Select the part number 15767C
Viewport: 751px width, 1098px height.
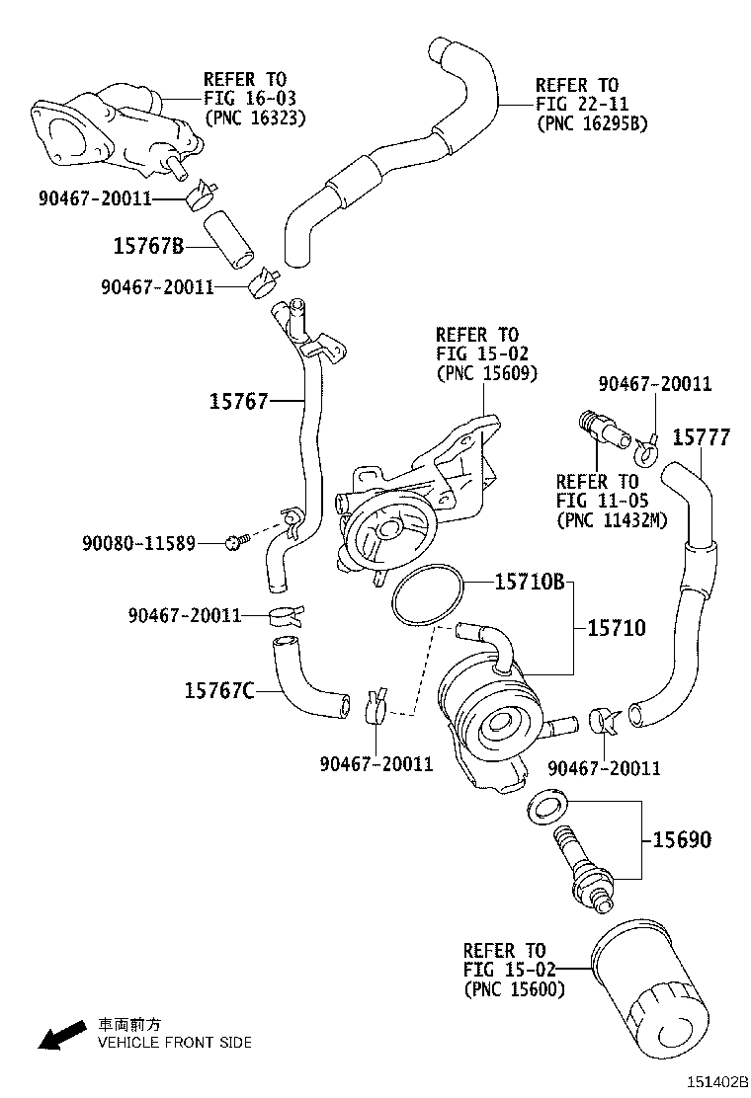pos(217,690)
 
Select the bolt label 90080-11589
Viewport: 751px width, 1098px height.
pos(138,542)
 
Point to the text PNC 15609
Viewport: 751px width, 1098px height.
pos(486,373)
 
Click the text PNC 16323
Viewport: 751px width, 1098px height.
pos(254,118)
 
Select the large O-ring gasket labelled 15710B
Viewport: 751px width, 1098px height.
pos(427,595)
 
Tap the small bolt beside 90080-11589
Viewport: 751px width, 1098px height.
pos(235,541)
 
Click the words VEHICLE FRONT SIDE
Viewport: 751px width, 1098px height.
pos(173,1042)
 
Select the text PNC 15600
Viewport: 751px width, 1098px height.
pos(514,988)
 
